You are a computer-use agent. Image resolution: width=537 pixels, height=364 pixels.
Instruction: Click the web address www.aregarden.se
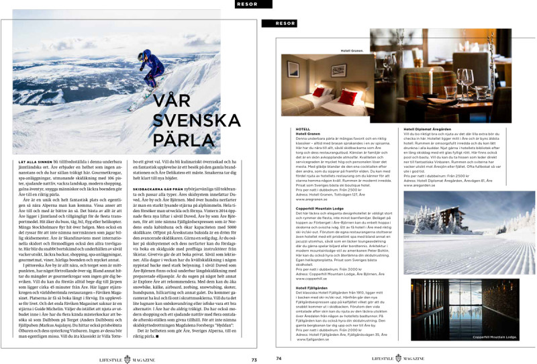[x=420, y=185]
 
